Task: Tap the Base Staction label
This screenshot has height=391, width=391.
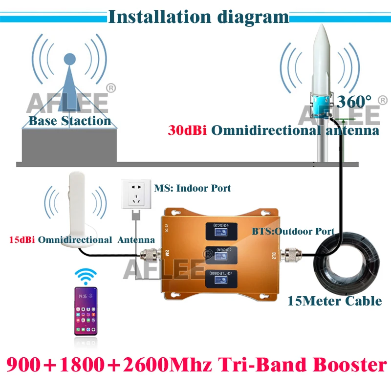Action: (69, 121)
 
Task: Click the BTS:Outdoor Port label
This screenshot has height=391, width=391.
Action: (293, 231)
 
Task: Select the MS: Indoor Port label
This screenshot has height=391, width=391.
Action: (193, 188)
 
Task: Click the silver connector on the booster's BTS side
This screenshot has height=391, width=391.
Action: (294, 254)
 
